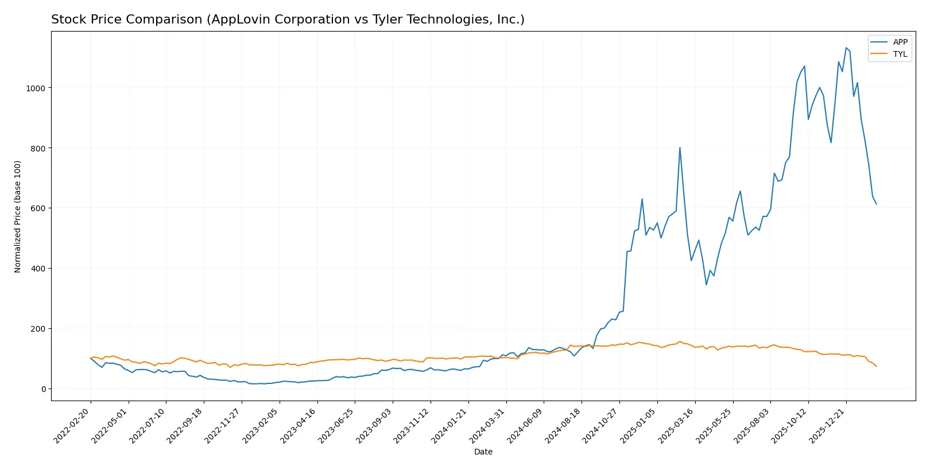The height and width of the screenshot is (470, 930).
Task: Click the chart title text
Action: (x=288, y=20)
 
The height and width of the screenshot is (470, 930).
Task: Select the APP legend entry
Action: (x=900, y=42)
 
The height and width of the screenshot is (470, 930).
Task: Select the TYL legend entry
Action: (x=900, y=54)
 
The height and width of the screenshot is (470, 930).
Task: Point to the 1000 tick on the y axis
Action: (x=36, y=88)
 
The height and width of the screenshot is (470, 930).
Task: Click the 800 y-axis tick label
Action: (x=38, y=148)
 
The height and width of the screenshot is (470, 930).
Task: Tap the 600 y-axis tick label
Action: (x=38, y=208)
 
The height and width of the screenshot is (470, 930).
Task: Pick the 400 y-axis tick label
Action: (x=38, y=269)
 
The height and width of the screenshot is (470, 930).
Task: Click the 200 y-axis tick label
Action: (x=38, y=329)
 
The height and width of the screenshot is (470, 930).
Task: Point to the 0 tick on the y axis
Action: (x=43, y=389)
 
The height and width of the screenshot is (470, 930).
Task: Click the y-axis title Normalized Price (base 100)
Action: (x=18, y=216)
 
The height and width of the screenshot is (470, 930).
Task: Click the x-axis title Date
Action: (x=483, y=452)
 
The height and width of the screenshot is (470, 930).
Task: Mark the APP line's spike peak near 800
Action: (x=680, y=147)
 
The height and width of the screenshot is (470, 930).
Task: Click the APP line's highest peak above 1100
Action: (x=846, y=48)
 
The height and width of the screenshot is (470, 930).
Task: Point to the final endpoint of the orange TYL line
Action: (x=876, y=366)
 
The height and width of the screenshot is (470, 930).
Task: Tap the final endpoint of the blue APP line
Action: (x=876, y=204)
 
